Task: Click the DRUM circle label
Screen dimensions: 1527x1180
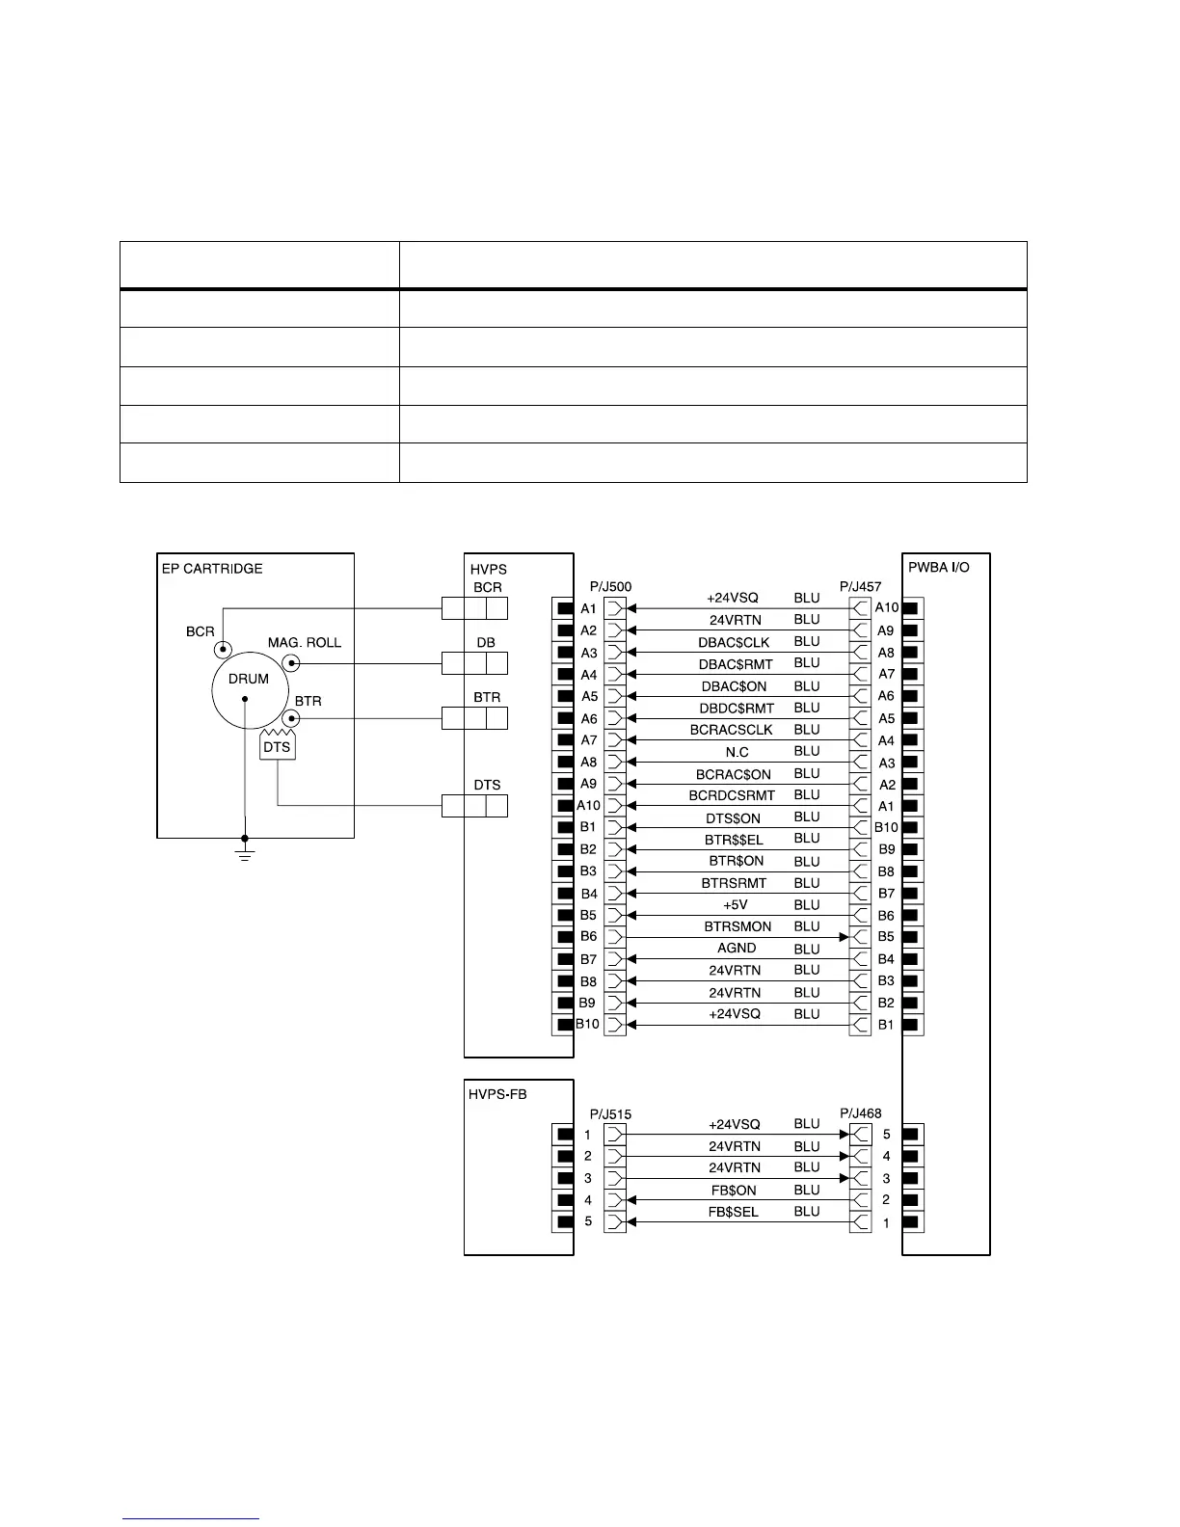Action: pos(248,679)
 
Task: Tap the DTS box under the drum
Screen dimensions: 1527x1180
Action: pos(277,747)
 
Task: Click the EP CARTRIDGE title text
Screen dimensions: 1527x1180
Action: pos(212,569)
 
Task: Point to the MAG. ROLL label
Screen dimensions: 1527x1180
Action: pos(305,643)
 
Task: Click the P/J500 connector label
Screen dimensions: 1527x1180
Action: pos(610,586)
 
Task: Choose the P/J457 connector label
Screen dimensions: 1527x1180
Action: pos(861,586)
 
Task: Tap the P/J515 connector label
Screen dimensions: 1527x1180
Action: pos(610,1114)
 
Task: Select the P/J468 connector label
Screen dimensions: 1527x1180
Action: pos(861,1113)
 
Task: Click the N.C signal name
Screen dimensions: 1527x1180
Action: pos(737,752)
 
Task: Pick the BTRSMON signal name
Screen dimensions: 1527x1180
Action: pos(737,926)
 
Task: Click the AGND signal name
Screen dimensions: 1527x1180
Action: pos(737,949)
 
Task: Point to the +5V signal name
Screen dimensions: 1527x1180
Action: pos(736,905)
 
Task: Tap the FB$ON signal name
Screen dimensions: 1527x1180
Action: pos(734,1191)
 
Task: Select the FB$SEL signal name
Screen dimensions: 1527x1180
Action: pos(734,1213)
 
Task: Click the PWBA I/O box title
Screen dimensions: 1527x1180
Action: pos(939,568)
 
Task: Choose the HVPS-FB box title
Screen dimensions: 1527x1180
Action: pos(498,1094)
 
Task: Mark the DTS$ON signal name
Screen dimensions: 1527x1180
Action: pos(734,818)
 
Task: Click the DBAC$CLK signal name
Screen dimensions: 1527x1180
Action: pos(734,642)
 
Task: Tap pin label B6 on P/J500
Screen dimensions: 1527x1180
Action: pos(588,936)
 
